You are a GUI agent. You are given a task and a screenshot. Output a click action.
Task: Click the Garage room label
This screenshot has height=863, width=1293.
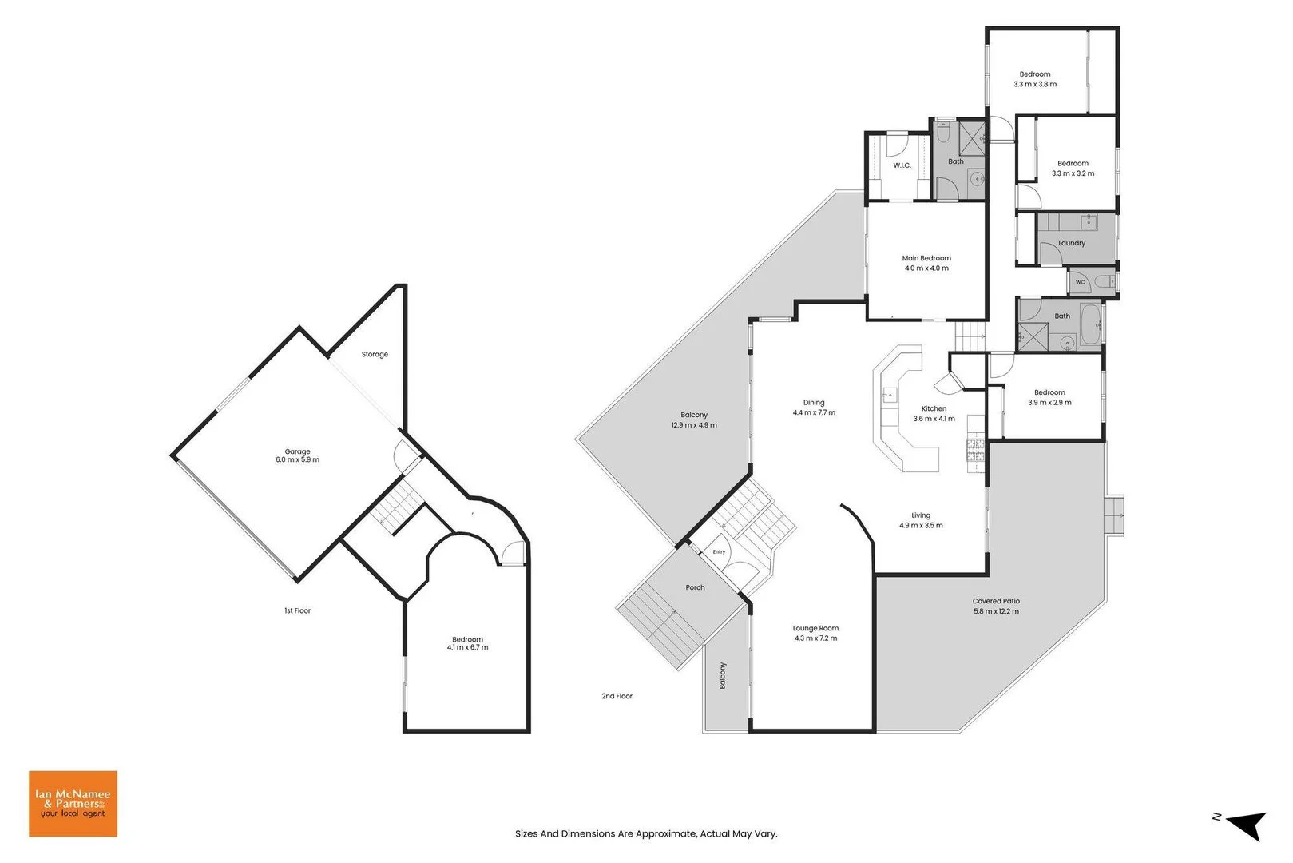(297, 455)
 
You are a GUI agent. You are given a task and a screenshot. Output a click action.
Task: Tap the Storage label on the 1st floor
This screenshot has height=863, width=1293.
(375, 354)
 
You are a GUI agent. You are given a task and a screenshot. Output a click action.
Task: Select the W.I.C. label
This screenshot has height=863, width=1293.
(902, 165)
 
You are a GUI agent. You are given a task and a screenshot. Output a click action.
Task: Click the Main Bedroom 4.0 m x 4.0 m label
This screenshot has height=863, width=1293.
(926, 263)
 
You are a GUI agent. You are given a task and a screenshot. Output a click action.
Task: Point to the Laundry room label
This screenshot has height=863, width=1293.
(1072, 243)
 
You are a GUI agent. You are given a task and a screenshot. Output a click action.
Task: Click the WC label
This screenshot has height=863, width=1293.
(1080, 282)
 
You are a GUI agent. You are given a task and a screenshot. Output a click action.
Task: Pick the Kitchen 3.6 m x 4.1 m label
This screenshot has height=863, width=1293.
(934, 414)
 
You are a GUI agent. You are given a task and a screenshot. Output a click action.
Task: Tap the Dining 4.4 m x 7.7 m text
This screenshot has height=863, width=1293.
(814, 408)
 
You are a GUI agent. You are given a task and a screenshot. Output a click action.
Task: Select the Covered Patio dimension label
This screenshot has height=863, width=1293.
(996, 611)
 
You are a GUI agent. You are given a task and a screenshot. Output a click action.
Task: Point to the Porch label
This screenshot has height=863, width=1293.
(695, 587)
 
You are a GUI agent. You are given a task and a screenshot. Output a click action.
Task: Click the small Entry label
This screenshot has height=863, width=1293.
(719, 551)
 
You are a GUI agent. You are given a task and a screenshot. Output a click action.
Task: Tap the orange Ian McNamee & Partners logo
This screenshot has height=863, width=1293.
(73, 804)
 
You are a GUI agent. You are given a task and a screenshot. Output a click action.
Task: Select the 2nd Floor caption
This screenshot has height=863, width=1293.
(617, 696)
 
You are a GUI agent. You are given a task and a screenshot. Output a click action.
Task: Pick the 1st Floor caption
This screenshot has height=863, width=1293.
(297, 610)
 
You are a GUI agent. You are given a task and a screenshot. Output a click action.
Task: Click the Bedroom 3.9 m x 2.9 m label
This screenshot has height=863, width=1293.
(1049, 397)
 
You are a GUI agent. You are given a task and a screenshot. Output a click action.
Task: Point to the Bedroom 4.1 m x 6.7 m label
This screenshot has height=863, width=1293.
(467, 643)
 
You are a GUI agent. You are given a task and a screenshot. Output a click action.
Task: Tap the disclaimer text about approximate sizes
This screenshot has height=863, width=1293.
(646, 833)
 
